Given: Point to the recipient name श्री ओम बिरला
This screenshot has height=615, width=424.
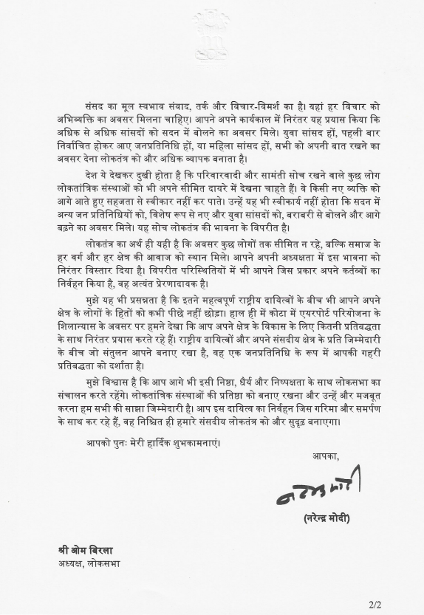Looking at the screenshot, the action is [86, 552].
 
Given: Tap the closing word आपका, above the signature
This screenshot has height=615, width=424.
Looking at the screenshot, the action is [326, 456].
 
